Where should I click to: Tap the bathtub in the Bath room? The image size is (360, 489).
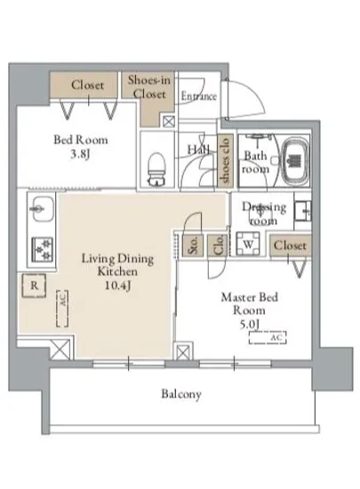click(x=295, y=162)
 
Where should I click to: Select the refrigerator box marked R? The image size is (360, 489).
click(x=34, y=285)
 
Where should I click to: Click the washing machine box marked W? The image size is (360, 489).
click(x=248, y=244)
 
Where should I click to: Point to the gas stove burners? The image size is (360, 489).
click(x=43, y=250)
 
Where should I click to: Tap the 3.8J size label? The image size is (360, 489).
click(x=80, y=154)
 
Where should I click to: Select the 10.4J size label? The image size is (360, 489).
click(x=117, y=285)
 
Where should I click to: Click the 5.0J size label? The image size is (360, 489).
click(x=249, y=325)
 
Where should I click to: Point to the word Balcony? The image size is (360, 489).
click(x=181, y=394)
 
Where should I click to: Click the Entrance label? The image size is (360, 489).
click(x=198, y=96)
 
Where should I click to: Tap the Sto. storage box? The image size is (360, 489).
click(x=193, y=246)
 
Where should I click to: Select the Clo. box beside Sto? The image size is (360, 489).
click(x=218, y=246)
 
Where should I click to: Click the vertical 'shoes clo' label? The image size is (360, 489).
click(x=225, y=161)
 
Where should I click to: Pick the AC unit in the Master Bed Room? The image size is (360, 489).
click(x=268, y=338)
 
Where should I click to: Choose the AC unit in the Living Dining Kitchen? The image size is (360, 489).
click(x=62, y=309)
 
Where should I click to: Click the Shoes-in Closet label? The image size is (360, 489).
click(x=149, y=87)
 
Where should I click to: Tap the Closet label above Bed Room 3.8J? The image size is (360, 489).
click(x=87, y=84)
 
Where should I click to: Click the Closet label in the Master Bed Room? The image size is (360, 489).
click(x=290, y=245)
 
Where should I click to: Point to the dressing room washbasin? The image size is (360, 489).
click(x=302, y=211)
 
